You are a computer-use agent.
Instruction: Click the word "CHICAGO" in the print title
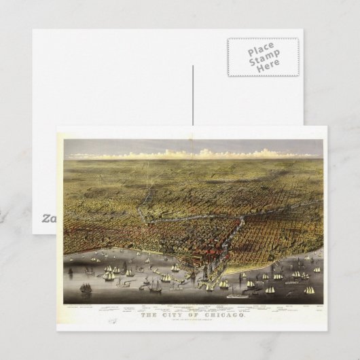coord(217,314)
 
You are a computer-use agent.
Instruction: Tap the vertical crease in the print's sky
coord(193,147)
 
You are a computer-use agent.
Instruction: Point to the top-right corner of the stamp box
coord(297,39)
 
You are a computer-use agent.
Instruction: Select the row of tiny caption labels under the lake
coord(190,307)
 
